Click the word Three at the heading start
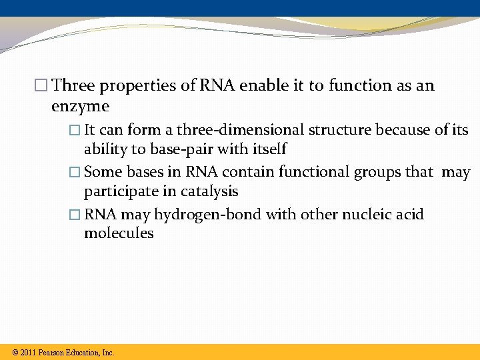(73, 85)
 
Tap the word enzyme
(80, 106)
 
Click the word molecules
(119, 233)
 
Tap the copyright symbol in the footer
(15, 353)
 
